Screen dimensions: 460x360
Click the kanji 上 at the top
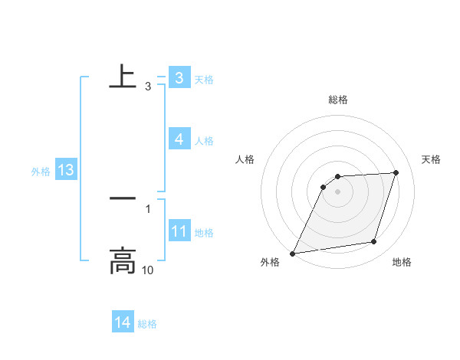coord(123,77)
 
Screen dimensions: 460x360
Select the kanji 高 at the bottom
coord(123,261)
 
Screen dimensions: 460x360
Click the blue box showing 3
coord(179,77)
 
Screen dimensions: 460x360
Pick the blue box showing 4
coord(179,139)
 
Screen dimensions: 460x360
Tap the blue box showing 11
coord(179,231)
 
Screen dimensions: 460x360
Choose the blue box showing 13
coord(66,170)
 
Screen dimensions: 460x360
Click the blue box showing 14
coord(123,322)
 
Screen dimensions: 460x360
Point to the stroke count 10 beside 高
coord(148,270)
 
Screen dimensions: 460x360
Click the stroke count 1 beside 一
coord(148,208)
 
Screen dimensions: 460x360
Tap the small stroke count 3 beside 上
coord(148,87)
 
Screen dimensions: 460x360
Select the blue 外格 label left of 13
coord(41,172)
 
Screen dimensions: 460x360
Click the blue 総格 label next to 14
coord(147,324)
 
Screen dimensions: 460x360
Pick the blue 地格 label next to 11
coord(204,233)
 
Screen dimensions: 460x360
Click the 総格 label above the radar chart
coord(338,100)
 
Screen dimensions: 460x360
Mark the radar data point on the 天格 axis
coord(396,172)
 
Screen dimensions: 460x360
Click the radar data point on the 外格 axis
coord(293,253)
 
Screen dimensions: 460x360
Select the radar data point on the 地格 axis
coord(374,242)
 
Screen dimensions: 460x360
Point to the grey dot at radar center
coord(338,191)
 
